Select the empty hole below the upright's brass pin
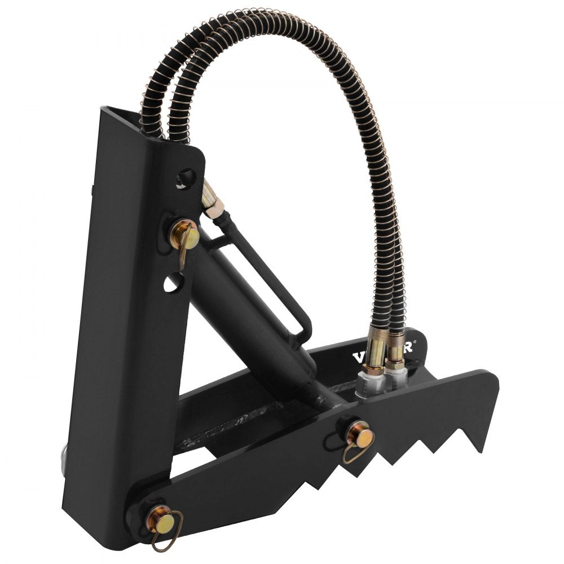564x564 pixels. (x=175, y=280)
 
